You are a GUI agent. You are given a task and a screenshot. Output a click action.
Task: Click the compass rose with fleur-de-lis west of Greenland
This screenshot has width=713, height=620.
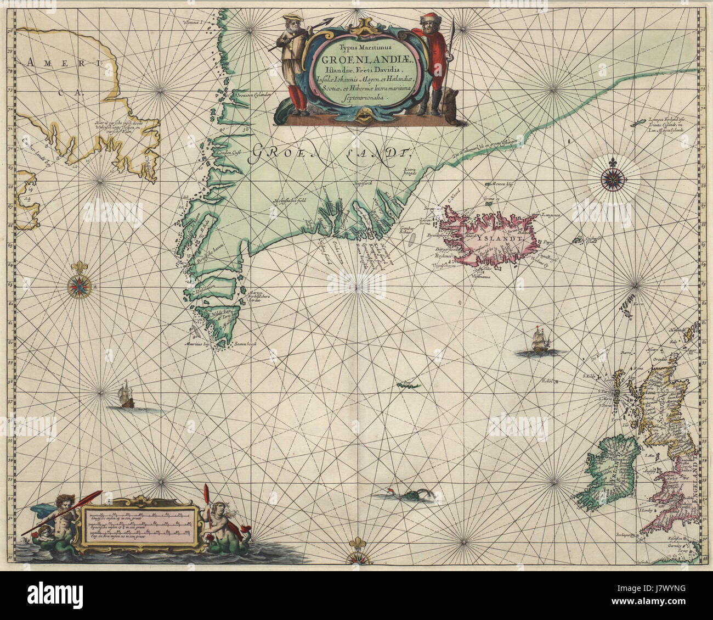pyautogui.click(x=80, y=284)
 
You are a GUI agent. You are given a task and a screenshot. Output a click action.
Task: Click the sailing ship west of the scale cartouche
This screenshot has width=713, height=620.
pyautogui.click(x=127, y=395)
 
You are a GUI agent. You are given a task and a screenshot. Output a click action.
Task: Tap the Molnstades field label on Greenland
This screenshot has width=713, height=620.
pyautogui.click(x=289, y=200)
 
